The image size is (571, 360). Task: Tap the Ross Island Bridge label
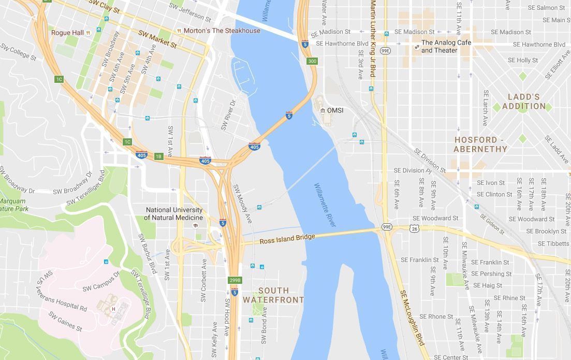coord(287,238)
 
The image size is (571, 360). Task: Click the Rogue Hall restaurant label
coord(67,33)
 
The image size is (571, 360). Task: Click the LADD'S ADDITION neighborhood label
coord(523,102)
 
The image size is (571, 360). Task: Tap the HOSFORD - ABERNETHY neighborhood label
coord(480,145)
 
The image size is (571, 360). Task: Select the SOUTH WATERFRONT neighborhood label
coord(273,295)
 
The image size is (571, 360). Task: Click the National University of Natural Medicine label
coord(174,213)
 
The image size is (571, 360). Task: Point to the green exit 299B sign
coord(235,280)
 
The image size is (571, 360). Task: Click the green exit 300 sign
coord(312,61)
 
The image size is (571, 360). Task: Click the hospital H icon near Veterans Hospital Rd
coord(113,309)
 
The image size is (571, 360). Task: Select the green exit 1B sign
coord(159,156)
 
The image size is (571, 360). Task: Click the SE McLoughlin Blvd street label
coord(413,318)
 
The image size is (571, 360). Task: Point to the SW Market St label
coord(157,39)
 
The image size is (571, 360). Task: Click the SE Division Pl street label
coord(412,170)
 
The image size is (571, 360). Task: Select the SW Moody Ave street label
coord(242,204)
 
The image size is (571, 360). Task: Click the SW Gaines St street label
coord(65,322)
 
